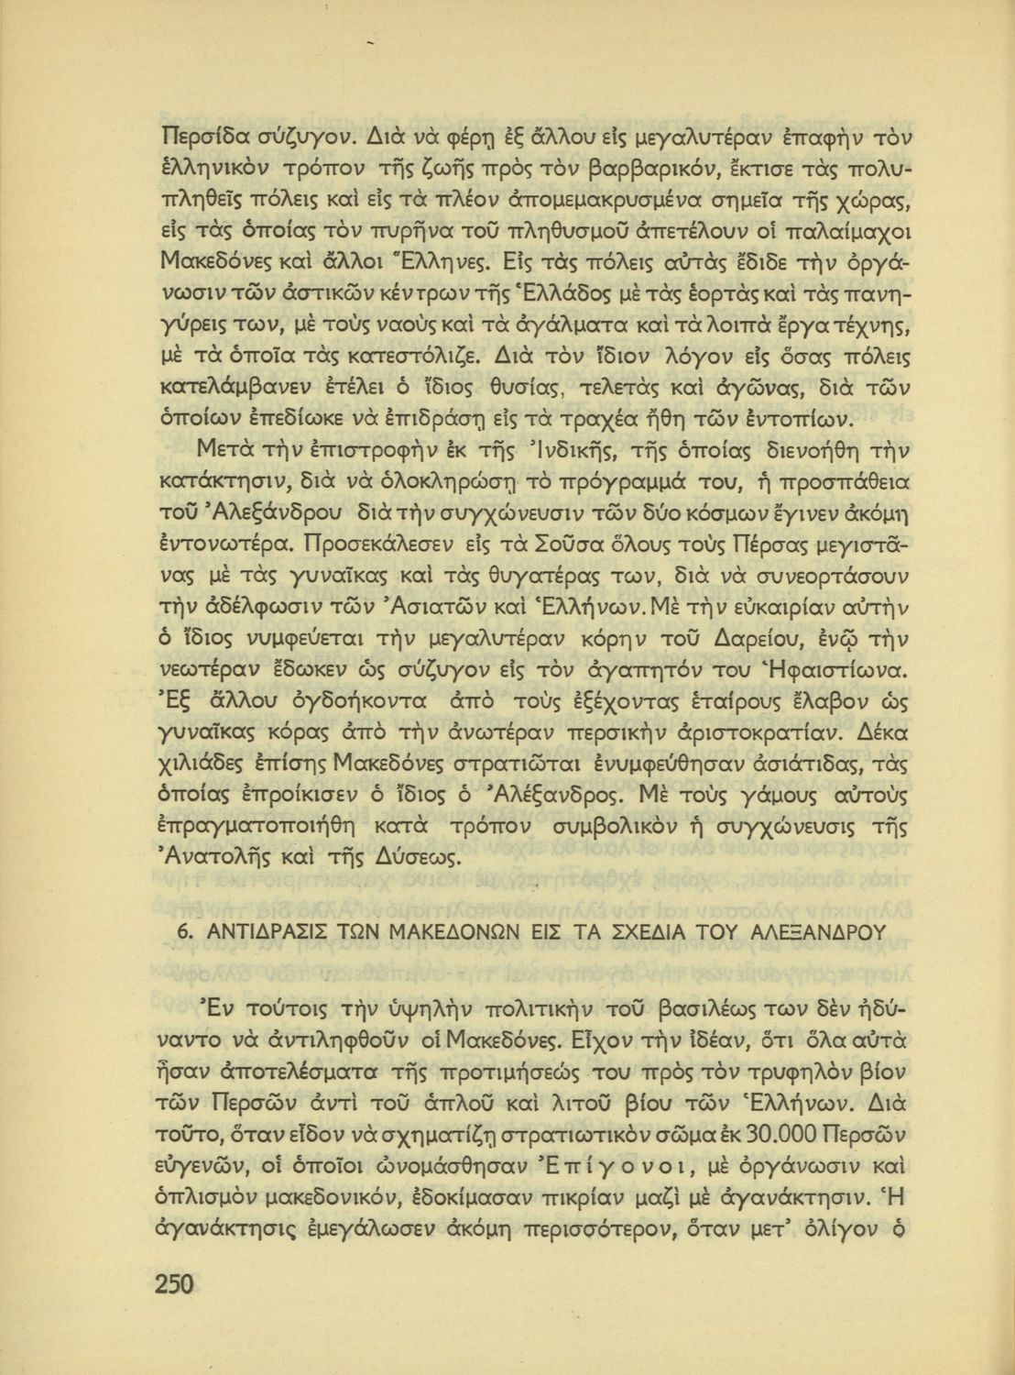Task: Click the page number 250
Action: tap(174, 1284)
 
